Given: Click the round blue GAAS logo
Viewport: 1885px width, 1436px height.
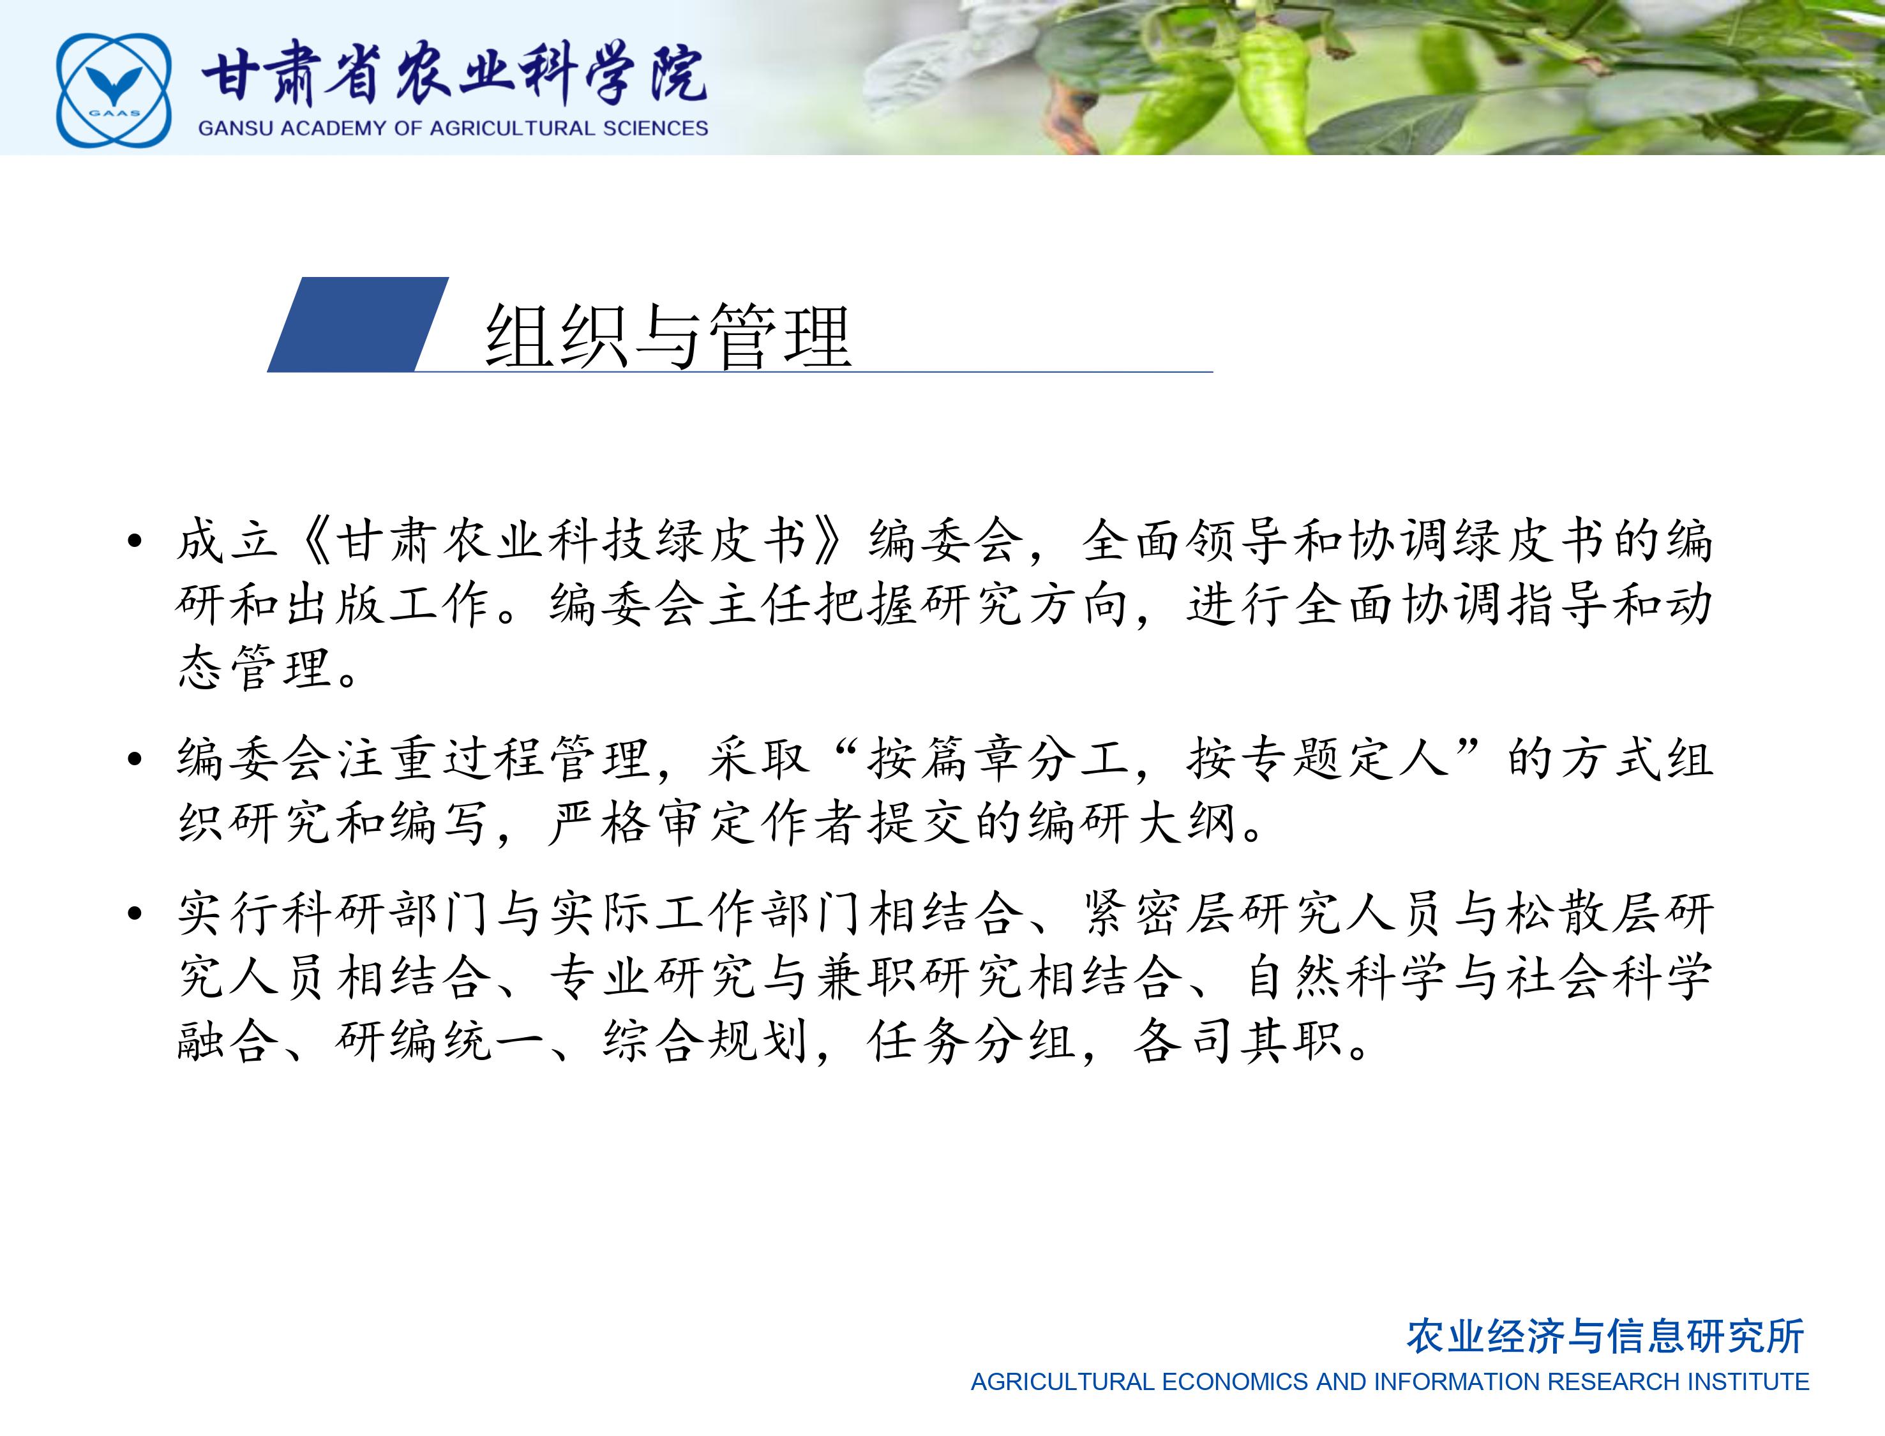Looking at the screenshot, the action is (x=114, y=90).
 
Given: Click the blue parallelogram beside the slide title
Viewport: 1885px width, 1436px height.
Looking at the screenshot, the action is (x=357, y=325).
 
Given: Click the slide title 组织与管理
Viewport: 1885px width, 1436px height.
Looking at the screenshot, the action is (x=668, y=335).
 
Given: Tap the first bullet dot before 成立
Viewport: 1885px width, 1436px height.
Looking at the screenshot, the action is (x=133, y=541).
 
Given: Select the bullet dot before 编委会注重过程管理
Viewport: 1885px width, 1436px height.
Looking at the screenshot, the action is (x=133, y=758).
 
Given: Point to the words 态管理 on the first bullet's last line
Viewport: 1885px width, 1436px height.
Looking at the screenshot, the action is (x=255, y=668).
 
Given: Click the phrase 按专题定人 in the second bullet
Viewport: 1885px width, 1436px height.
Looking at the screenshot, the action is (x=1318, y=759).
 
